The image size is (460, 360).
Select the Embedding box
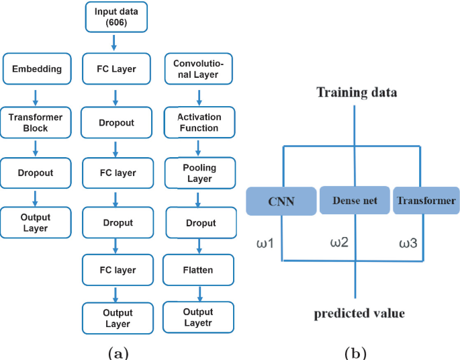tap(37, 69)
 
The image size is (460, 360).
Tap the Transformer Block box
tap(36, 122)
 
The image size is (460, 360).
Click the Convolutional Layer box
tap(199, 69)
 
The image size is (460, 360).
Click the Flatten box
tap(199, 270)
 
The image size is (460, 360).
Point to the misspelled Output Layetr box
tap(199, 318)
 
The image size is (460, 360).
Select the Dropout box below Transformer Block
tap(36, 173)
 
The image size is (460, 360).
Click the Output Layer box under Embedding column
tap(36, 222)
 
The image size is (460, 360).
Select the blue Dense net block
tap(354, 201)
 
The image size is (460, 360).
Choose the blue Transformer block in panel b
tap(426, 201)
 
